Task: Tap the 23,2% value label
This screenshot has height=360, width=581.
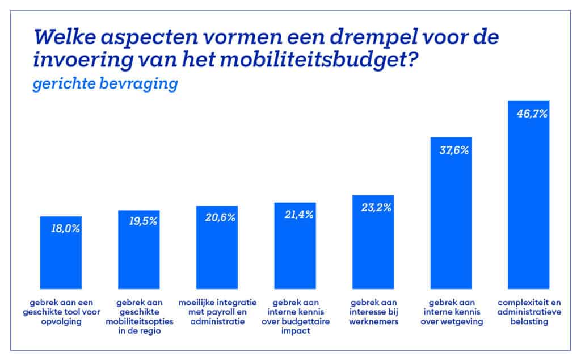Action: click(x=373, y=207)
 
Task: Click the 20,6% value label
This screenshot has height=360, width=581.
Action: click(x=217, y=217)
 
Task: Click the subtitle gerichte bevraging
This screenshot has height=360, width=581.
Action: click(x=106, y=83)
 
